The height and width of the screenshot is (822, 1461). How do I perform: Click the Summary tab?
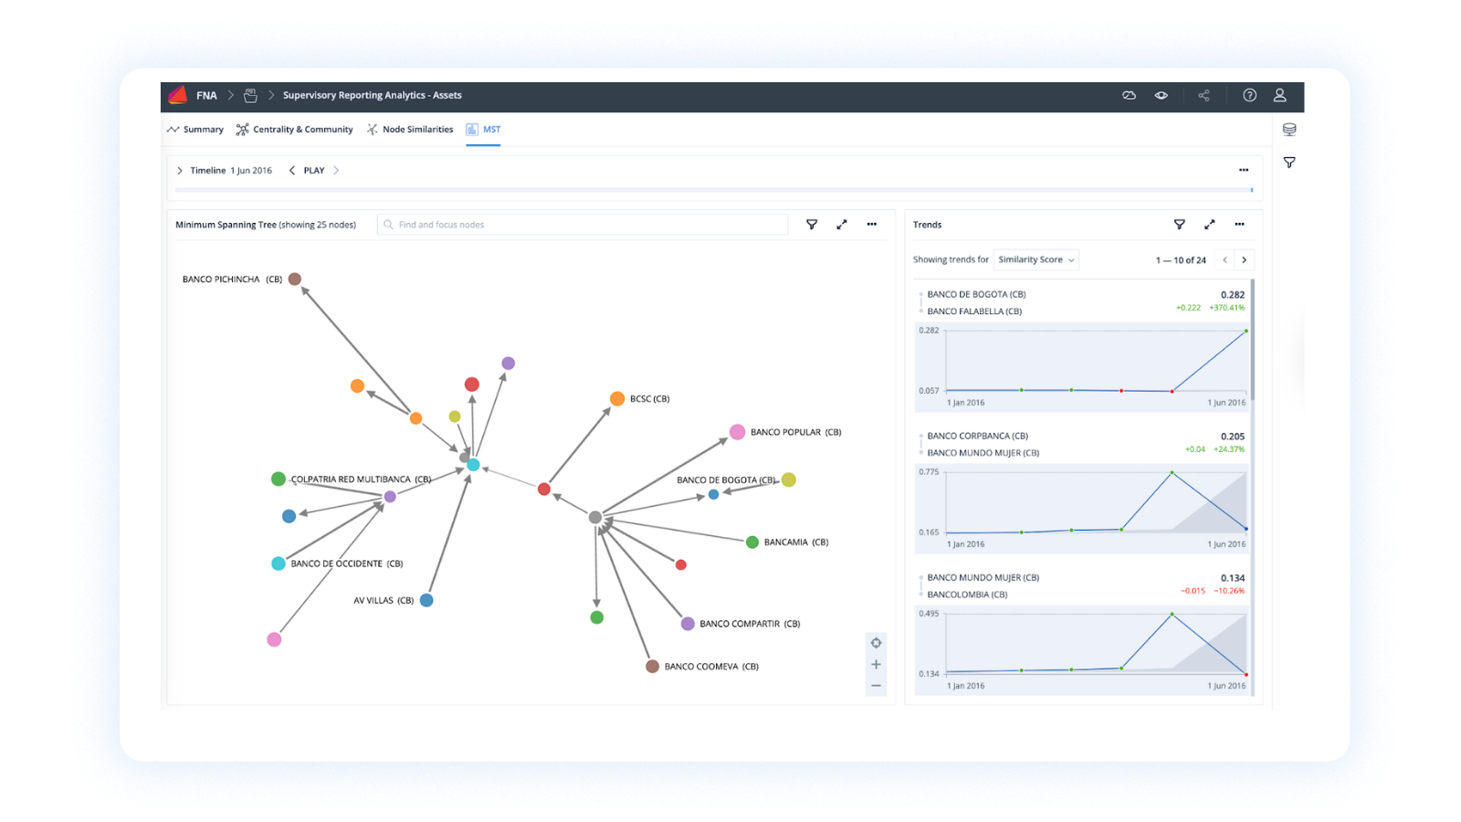point(195,130)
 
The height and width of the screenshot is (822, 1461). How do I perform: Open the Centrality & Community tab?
point(295,130)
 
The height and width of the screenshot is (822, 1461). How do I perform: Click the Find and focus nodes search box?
point(584,225)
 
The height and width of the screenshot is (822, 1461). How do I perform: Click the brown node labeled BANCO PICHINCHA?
point(295,279)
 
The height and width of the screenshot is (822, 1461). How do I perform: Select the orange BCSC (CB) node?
point(617,399)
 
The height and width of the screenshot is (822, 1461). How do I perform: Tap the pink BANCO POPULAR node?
point(737,432)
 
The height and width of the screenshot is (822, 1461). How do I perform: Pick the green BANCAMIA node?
point(752,543)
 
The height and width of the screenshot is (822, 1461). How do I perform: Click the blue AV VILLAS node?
point(426,600)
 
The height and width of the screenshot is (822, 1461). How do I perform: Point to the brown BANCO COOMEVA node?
point(653,667)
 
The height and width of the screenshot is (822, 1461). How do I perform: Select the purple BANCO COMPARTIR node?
point(688,624)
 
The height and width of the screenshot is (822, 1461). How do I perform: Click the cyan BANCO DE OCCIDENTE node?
point(279,564)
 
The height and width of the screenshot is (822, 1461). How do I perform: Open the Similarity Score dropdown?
point(1035,260)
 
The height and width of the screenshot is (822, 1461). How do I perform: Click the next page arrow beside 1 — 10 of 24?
point(1244,260)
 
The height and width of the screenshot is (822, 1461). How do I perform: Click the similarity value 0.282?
point(1232,295)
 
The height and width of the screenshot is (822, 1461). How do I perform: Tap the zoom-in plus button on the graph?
point(876,665)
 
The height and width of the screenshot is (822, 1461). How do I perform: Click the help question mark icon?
point(1249,95)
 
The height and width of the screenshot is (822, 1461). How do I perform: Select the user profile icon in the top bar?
point(1280,95)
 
